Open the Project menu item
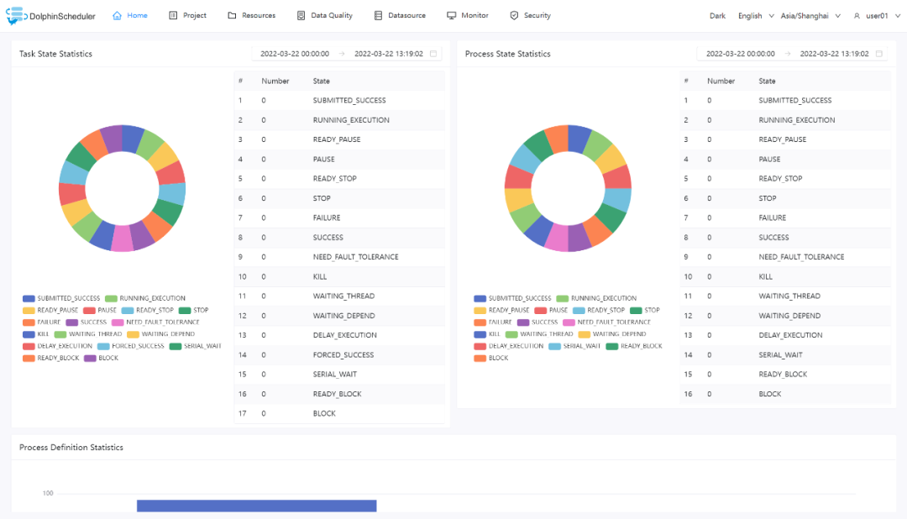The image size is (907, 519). pos(187,16)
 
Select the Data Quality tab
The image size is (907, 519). pos(325,16)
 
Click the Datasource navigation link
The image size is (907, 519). pos(400,16)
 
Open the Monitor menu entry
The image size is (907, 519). pos(468,16)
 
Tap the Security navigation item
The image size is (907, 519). pos(531,16)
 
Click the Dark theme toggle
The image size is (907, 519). pos(717,16)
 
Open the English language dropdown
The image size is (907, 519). pos(756,16)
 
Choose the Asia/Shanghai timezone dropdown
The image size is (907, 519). pos(810,16)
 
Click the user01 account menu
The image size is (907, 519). pos(872,16)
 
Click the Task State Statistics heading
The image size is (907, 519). pos(56,54)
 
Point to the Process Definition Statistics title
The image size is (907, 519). pos(71,448)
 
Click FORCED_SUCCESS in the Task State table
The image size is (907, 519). pos(344,355)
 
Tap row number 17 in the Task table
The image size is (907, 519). pos(241,414)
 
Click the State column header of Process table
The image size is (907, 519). pos(767,81)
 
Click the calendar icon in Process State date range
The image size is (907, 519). pos(879,54)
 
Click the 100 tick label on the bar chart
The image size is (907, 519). pos(48,493)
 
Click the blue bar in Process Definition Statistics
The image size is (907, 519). pos(256,506)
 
